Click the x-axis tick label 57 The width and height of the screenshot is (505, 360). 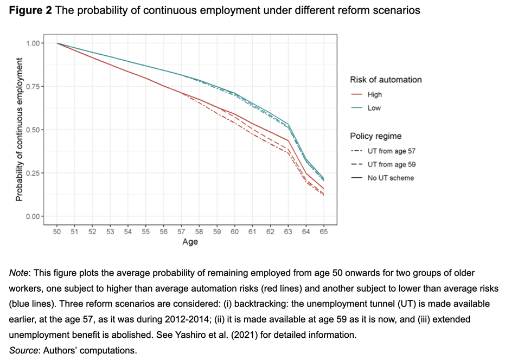pos(181,232)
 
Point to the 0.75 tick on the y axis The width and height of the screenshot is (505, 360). pos(37,86)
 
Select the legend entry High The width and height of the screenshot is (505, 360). pos(374,94)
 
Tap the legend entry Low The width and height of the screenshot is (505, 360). pos(374,108)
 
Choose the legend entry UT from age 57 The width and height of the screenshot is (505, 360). pos(391,151)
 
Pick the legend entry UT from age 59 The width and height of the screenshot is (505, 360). pos(391,164)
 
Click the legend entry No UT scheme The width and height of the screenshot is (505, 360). pos(390,178)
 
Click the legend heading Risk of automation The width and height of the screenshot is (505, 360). pos(386,80)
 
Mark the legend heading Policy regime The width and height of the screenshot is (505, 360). pos(375,136)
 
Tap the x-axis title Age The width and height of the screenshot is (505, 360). pos(190,242)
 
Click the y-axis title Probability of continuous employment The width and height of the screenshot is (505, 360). pos(20,130)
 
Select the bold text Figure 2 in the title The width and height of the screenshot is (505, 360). pos(30,11)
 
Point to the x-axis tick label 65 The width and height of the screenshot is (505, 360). pos(323,232)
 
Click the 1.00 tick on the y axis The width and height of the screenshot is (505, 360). pos(37,43)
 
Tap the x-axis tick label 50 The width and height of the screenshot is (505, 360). pos(56,232)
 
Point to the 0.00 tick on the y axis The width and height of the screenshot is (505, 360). pos(37,216)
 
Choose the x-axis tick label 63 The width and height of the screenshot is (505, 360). pos(287,232)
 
